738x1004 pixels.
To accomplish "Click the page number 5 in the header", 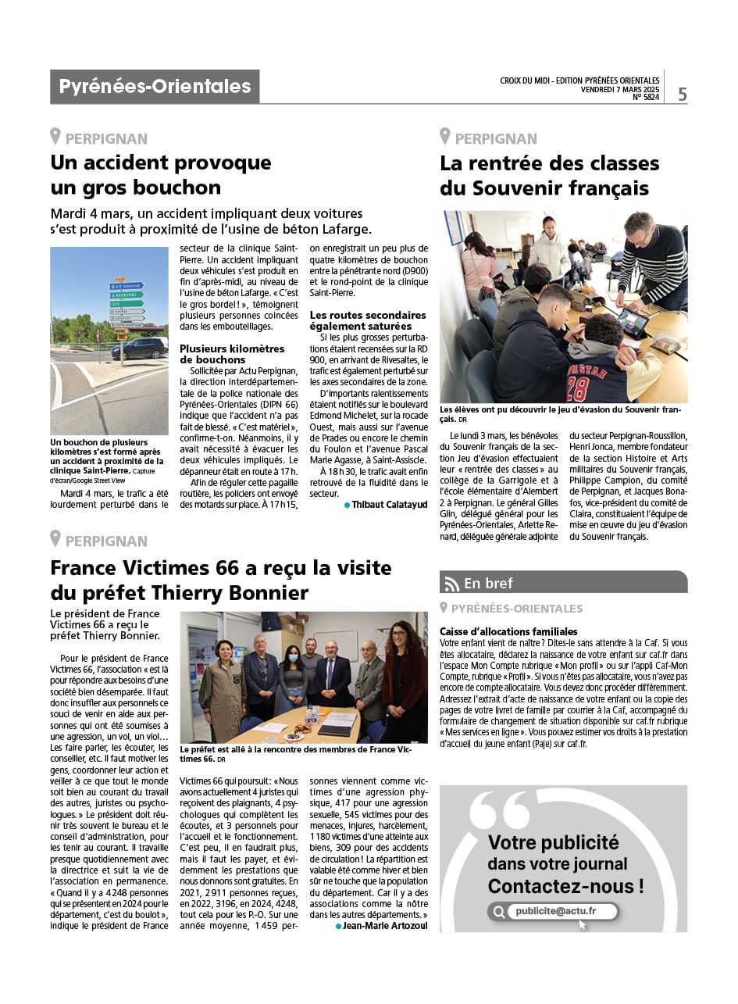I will pos(683,95).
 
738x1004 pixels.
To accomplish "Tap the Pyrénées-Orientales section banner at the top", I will pos(155,87).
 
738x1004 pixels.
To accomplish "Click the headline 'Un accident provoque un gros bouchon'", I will pos(161,175).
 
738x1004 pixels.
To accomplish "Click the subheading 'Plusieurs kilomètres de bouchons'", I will pos(232,354).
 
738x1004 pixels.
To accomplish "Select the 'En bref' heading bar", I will pos(563,583).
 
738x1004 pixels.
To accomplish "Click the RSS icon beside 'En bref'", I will pos(451,584).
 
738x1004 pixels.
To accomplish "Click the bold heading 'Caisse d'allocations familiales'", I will pos(508,631).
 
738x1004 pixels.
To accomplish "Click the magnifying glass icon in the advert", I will pos(498,912).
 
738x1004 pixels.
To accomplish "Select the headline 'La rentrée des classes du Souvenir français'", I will pos(549,176).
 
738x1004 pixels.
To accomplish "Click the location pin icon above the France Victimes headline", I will pos(55,539).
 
